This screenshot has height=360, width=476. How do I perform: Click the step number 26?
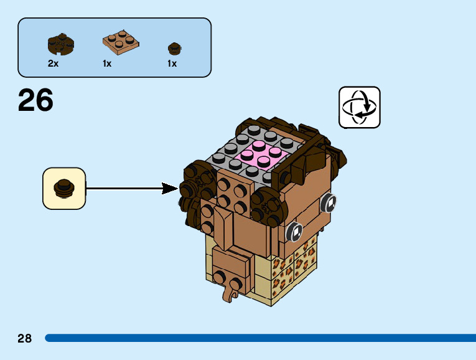(x=35, y=101)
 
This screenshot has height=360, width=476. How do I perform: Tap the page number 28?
(x=25, y=338)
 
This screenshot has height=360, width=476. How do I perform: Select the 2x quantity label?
(x=54, y=64)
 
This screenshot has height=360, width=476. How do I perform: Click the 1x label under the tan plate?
(x=107, y=64)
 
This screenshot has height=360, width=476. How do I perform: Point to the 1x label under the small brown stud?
(x=172, y=64)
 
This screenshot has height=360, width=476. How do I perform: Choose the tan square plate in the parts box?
(x=121, y=41)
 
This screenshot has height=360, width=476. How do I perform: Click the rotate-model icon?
(x=359, y=107)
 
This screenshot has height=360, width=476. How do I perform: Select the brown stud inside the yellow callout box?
(x=63, y=187)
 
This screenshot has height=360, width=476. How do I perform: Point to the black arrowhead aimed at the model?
(x=169, y=187)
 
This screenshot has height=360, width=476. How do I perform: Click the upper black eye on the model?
(x=329, y=202)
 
